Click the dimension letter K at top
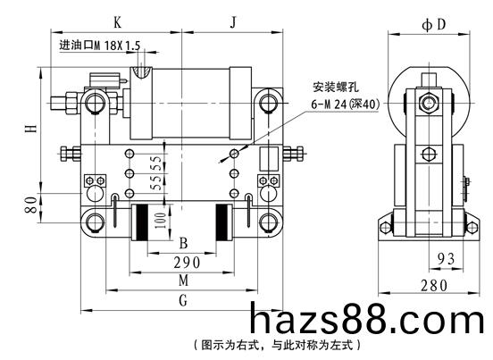click(x=117, y=22)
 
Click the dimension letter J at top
click(x=233, y=22)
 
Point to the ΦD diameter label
click(x=434, y=24)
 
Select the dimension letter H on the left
click(x=31, y=128)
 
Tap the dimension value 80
click(x=31, y=205)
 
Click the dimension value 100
click(x=160, y=221)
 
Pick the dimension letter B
click(x=183, y=243)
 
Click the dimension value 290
click(x=187, y=263)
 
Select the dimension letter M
click(x=184, y=280)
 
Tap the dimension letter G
click(x=183, y=300)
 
